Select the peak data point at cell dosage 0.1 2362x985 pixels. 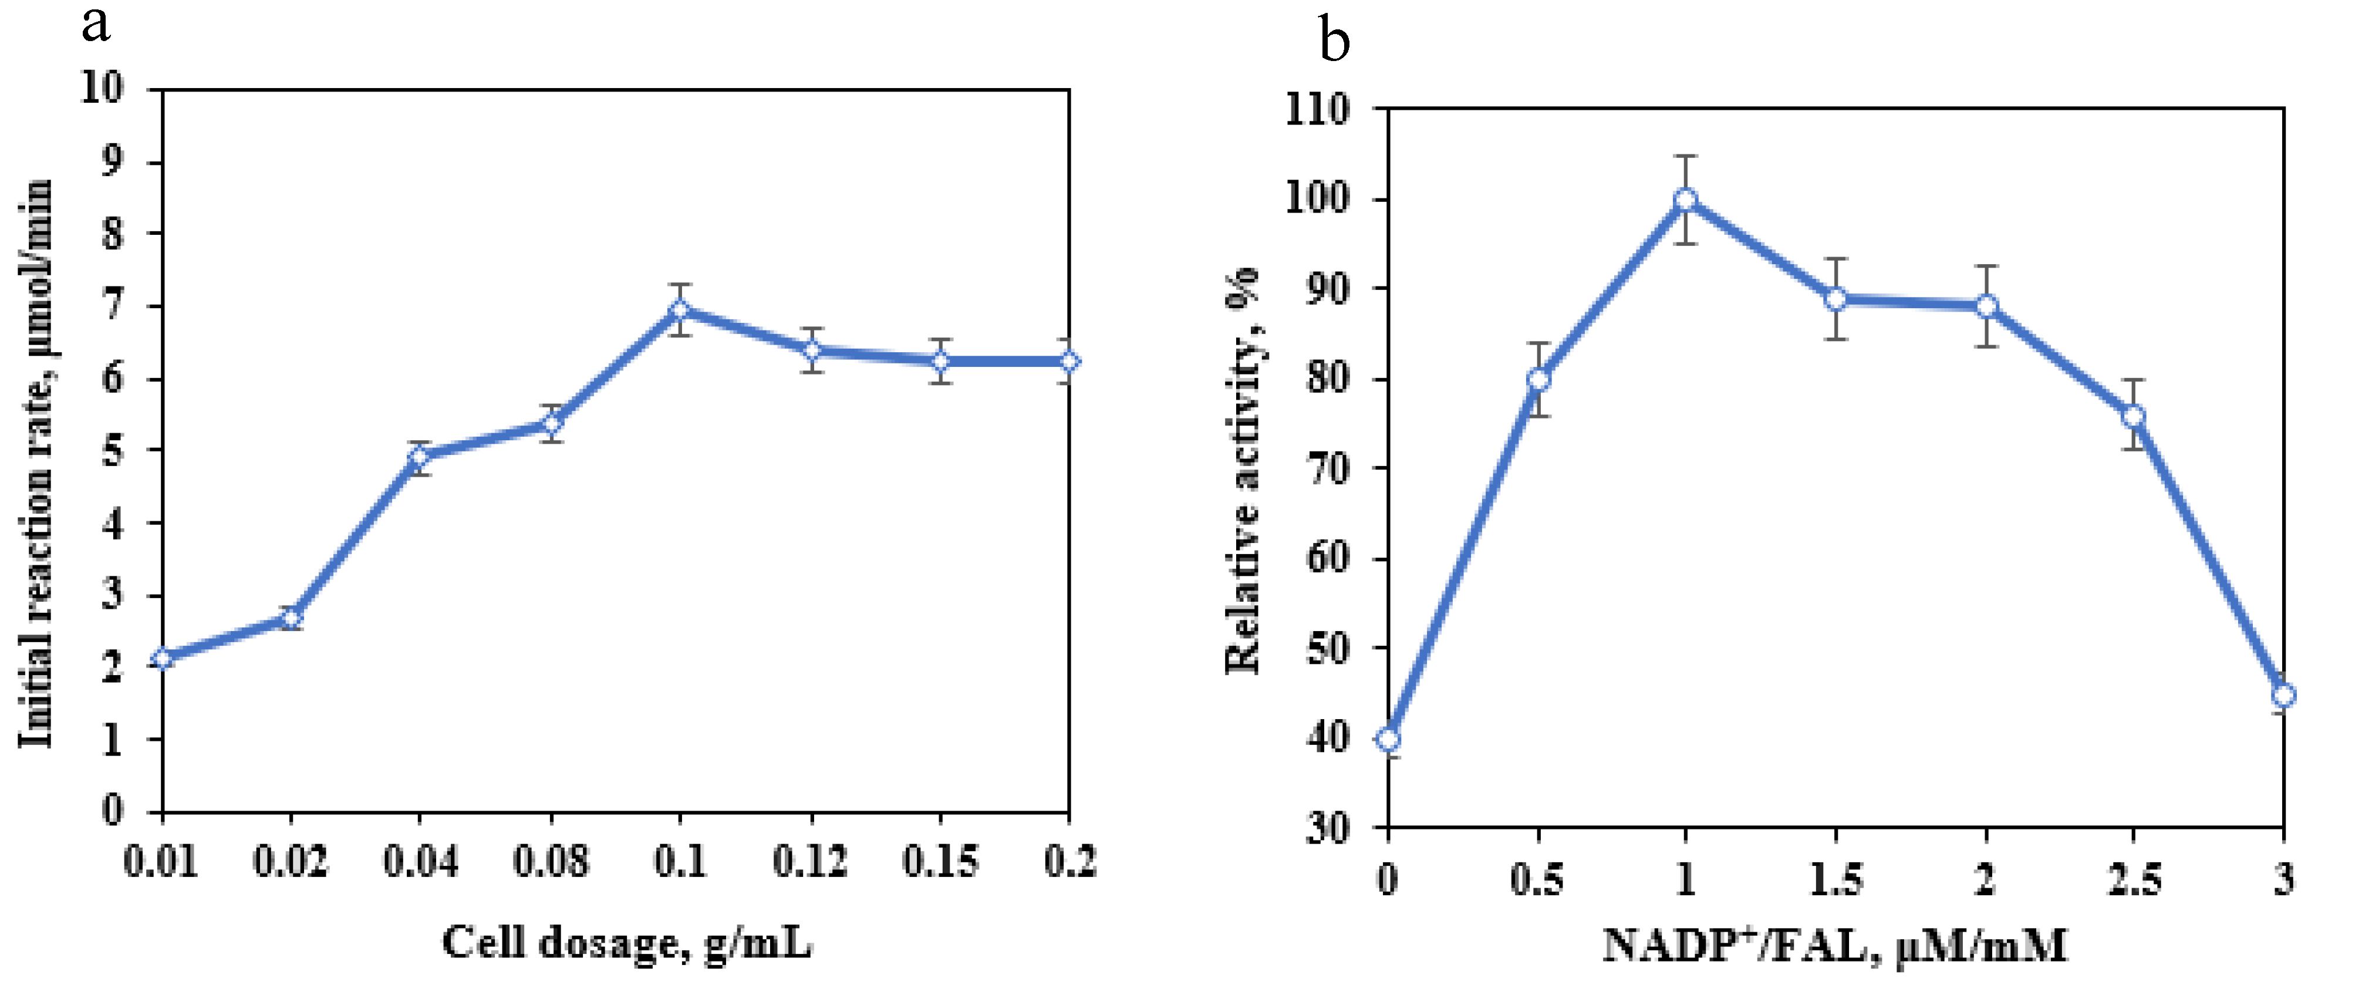(x=680, y=309)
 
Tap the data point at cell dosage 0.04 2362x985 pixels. (x=420, y=456)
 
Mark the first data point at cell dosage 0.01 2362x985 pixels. (x=162, y=657)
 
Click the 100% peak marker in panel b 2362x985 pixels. (x=1685, y=200)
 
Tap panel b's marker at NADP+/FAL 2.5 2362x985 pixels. (x=2134, y=416)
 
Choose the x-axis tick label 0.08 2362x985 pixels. (x=550, y=863)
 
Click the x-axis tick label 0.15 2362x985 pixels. (x=940, y=863)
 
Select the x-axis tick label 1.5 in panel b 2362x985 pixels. (x=1835, y=881)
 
